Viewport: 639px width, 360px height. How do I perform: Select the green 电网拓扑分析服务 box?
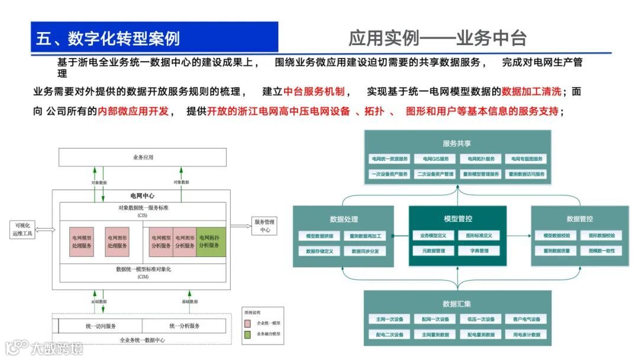(211, 242)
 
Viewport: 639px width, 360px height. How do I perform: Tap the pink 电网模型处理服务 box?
(82, 242)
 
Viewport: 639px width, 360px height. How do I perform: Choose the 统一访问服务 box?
(101, 326)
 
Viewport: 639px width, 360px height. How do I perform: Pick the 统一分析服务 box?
(184, 326)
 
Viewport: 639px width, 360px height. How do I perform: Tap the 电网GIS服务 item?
(435, 159)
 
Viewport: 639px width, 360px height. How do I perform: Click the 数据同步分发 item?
(364, 251)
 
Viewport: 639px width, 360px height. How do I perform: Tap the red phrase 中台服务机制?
(314, 92)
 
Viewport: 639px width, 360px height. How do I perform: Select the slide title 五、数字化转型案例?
(108, 38)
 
